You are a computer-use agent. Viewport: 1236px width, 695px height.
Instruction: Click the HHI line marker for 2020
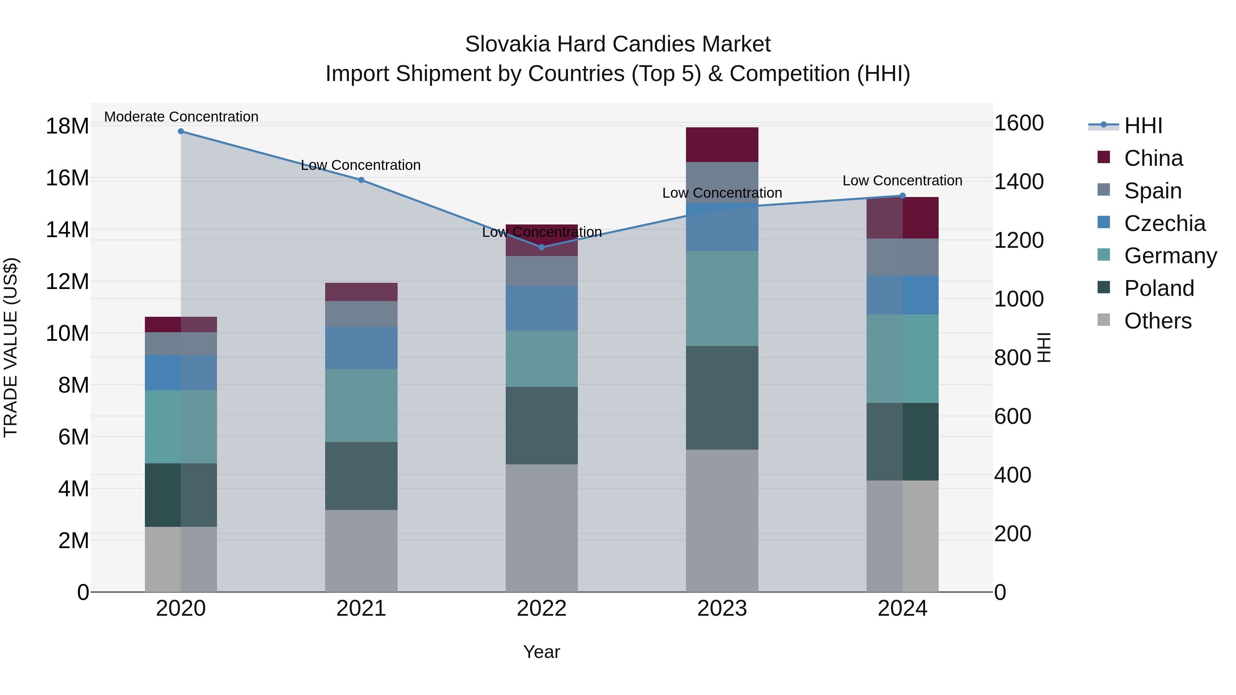pos(181,131)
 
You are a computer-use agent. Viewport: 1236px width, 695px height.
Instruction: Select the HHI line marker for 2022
pos(542,247)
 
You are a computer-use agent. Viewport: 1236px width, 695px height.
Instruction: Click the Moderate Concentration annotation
pos(181,117)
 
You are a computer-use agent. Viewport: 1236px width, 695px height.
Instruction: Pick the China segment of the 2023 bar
pos(722,144)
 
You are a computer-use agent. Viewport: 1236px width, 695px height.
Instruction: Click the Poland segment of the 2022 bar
pos(542,426)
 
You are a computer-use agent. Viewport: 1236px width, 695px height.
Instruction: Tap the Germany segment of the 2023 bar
pos(722,298)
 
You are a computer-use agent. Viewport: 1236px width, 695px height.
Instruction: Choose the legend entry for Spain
pos(1153,191)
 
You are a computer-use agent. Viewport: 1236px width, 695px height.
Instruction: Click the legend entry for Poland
pos(1159,288)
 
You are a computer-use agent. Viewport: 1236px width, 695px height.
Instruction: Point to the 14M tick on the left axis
pos(67,230)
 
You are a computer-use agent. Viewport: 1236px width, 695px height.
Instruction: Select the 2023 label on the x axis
pos(722,609)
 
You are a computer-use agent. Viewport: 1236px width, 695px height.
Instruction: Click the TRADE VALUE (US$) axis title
pos(11,347)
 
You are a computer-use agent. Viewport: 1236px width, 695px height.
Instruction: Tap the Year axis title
pos(542,652)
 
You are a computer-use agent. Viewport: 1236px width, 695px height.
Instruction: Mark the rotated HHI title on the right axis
pos(1044,347)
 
